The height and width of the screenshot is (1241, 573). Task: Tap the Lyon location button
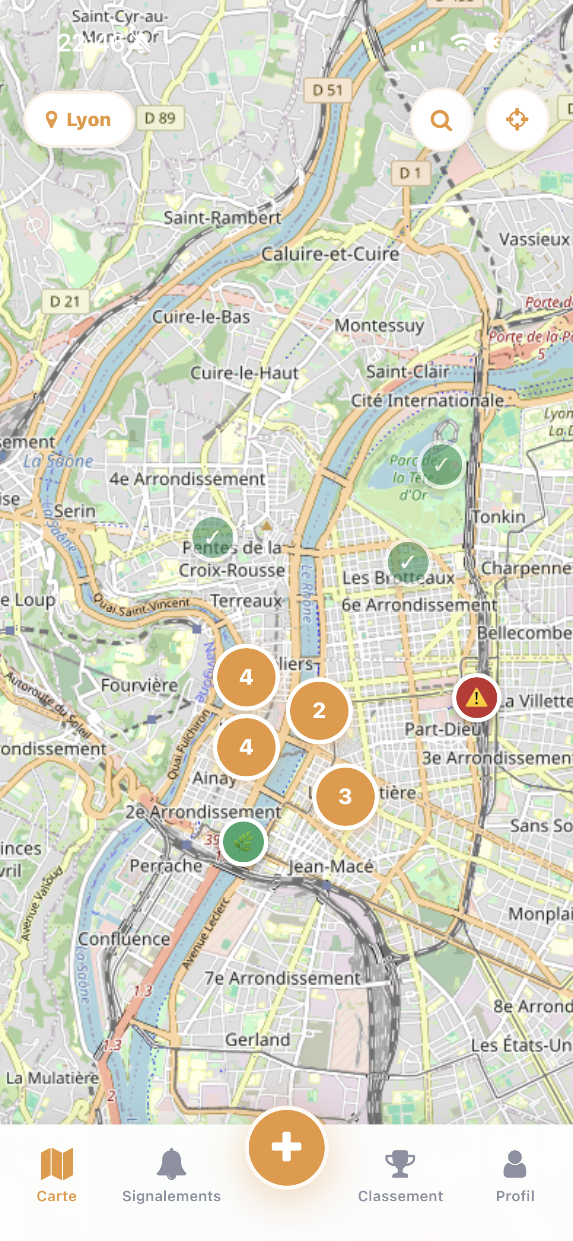coord(79,119)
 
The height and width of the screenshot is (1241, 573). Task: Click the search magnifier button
coord(441,119)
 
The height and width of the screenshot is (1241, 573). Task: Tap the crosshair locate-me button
coord(517,119)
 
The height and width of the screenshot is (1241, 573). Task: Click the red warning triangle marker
coord(476,698)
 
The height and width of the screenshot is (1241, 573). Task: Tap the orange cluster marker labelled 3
coord(345,796)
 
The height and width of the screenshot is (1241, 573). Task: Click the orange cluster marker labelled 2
coord(319,710)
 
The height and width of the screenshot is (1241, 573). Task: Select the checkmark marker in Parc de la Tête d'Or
coord(441,465)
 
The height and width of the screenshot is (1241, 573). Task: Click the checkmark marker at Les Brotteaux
coord(408,562)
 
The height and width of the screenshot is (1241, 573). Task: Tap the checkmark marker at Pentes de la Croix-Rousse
coord(212,537)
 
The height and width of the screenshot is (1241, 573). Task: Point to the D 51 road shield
coord(328,90)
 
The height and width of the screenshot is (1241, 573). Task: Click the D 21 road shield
coord(65,302)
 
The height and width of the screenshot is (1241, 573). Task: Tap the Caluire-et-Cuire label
coord(330,254)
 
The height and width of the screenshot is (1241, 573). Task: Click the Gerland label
coord(258,1040)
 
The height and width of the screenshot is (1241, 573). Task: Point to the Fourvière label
coord(139,685)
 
